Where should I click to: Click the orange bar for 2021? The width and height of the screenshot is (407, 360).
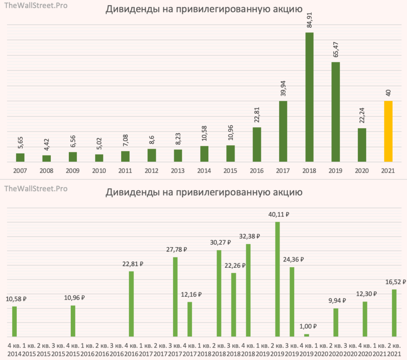[388, 132]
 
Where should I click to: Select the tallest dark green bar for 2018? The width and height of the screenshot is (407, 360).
[309, 97]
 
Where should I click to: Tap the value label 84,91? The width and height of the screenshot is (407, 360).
[309, 18]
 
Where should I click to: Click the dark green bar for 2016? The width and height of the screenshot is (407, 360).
[257, 145]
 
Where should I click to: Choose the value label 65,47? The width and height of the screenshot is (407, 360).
[335, 48]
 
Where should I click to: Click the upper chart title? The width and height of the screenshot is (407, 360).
[203, 10]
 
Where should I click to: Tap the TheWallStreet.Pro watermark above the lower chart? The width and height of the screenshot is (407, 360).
[36, 189]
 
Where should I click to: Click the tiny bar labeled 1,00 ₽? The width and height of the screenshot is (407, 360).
[306, 335]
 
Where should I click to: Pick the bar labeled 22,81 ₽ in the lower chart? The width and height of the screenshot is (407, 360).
[131, 304]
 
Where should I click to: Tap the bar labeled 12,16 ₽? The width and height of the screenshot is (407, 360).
[190, 319]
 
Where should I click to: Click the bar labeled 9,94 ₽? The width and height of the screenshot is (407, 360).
[336, 323]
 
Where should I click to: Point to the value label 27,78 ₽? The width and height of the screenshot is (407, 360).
[175, 250]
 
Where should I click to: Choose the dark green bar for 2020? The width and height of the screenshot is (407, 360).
[362, 145]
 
